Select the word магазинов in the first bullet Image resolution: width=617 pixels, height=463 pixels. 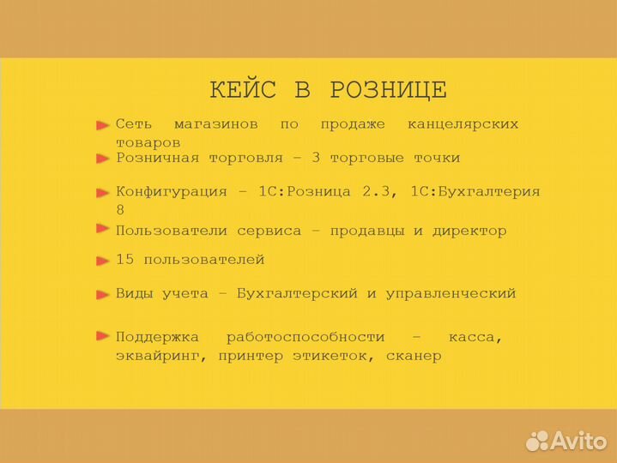pyautogui.click(x=215, y=124)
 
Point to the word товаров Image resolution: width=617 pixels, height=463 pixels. pyautogui.click(x=148, y=142)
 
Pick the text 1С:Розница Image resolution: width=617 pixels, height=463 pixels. pyautogui.click(x=305, y=191)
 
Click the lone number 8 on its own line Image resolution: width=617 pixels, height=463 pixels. pyautogui.click(x=120, y=209)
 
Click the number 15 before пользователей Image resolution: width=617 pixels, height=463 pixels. pyautogui.click(x=124, y=259)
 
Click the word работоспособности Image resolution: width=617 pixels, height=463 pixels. pyautogui.click(x=305, y=338)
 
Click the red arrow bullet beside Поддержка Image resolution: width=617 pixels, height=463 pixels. pyautogui.click(x=103, y=336)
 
